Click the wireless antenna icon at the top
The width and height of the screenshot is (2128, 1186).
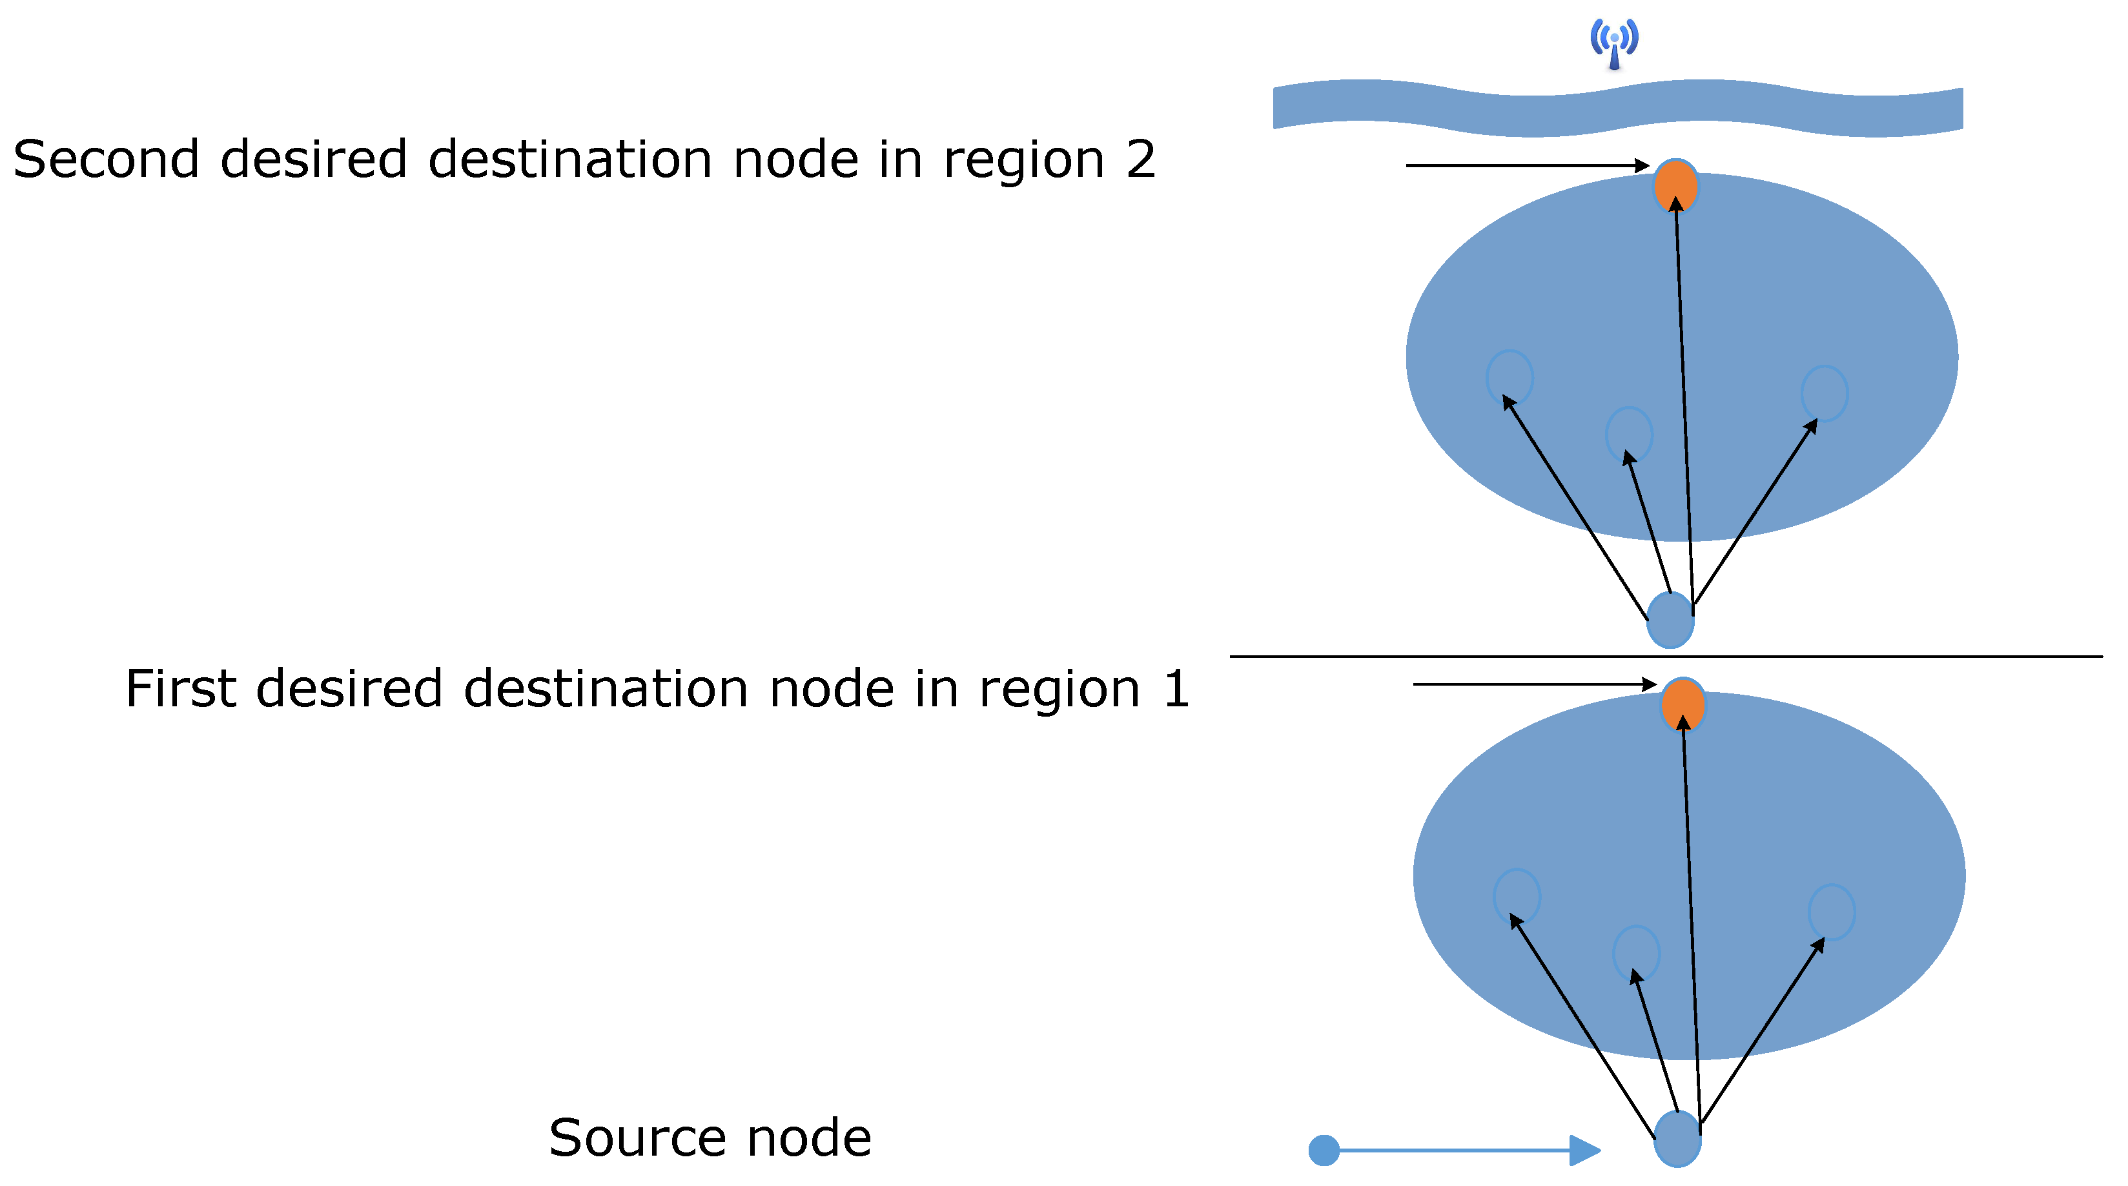click(x=1613, y=43)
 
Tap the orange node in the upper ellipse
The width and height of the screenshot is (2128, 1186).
click(x=1675, y=186)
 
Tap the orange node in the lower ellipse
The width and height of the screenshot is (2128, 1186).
click(x=1682, y=704)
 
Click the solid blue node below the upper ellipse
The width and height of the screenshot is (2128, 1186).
click(x=1670, y=619)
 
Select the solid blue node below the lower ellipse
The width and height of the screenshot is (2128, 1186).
click(x=1676, y=1138)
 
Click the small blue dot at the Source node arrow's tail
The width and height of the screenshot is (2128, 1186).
click(x=1324, y=1150)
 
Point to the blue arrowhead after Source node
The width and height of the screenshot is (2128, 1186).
click(x=1584, y=1150)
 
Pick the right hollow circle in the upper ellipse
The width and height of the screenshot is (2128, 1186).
click(x=1824, y=393)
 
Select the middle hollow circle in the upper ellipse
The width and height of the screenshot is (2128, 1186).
click(x=1628, y=434)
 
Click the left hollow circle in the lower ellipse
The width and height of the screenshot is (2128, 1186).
click(x=1516, y=895)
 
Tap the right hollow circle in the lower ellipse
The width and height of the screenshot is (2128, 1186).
click(x=1832, y=911)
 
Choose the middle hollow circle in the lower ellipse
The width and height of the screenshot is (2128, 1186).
click(x=1635, y=952)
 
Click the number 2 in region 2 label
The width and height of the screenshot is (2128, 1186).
click(x=1140, y=159)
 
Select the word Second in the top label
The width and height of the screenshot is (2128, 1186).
click(x=106, y=159)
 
